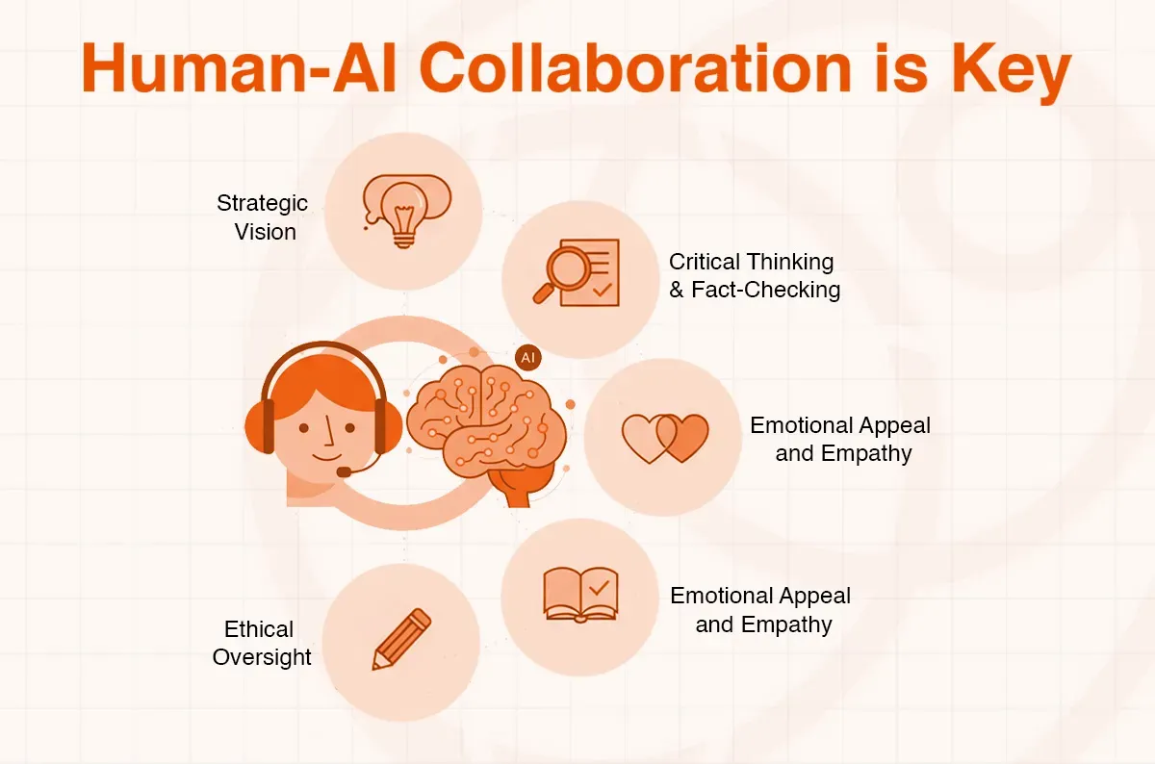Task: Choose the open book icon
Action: (579, 594)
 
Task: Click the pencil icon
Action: (401, 639)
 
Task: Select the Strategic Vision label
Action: (263, 217)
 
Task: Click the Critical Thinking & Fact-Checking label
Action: (754, 275)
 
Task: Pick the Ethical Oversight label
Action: (262, 643)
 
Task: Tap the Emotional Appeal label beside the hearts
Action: (840, 439)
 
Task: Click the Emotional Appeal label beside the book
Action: (760, 609)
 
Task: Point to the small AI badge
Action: (527, 357)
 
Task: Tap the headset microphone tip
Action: (344, 472)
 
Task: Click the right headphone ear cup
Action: (384, 424)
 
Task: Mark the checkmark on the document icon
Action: (603, 287)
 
